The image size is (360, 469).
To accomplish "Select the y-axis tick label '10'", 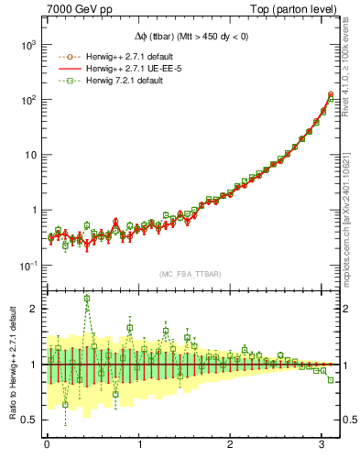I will [27, 155].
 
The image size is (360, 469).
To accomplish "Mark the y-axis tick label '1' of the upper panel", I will [32, 210].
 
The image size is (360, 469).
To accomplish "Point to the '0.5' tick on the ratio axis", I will [27, 420].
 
